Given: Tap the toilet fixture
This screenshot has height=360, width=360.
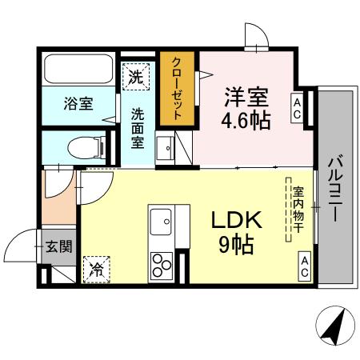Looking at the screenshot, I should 80,146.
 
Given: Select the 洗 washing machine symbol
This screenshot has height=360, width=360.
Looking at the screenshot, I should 136,79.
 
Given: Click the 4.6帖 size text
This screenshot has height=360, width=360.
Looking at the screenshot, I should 246,120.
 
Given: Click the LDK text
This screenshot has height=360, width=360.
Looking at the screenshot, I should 234,220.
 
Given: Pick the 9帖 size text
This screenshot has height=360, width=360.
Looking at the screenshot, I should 235,245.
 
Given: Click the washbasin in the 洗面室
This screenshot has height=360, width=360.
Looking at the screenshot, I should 166,146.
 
